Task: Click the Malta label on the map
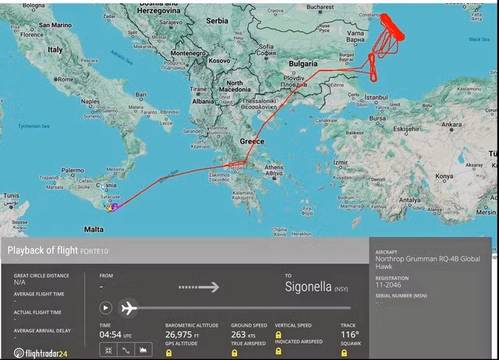click(x=94, y=229)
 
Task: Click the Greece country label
click(x=252, y=142)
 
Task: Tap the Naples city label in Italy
click(x=91, y=101)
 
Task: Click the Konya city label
click(x=444, y=176)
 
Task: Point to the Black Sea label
click(x=478, y=39)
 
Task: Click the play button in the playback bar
click(x=106, y=308)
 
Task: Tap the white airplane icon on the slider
click(x=129, y=308)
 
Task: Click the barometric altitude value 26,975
click(x=186, y=335)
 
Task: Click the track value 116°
click(x=349, y=335)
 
